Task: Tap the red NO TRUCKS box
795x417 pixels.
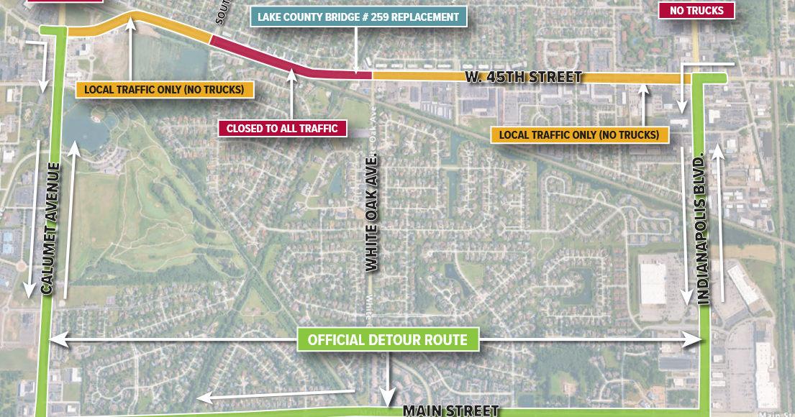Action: pos(696,10)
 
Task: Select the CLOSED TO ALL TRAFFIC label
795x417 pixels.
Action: pos(282,129)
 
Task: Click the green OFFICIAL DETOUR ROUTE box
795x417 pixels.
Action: pos(388,339)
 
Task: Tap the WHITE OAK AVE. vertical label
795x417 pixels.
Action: pos(371,214)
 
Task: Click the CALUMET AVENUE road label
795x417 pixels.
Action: pos(50,229)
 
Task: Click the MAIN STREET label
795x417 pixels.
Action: pos(450,411)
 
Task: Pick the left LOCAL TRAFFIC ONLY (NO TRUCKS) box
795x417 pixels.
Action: pos(165,90)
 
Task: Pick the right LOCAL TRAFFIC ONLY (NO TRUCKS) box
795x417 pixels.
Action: pos(579,134)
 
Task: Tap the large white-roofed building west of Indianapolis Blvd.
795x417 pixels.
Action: pos(653,283)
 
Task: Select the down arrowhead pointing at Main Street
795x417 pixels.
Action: pos(388,399)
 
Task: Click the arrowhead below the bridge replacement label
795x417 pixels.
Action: pos(357,70)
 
